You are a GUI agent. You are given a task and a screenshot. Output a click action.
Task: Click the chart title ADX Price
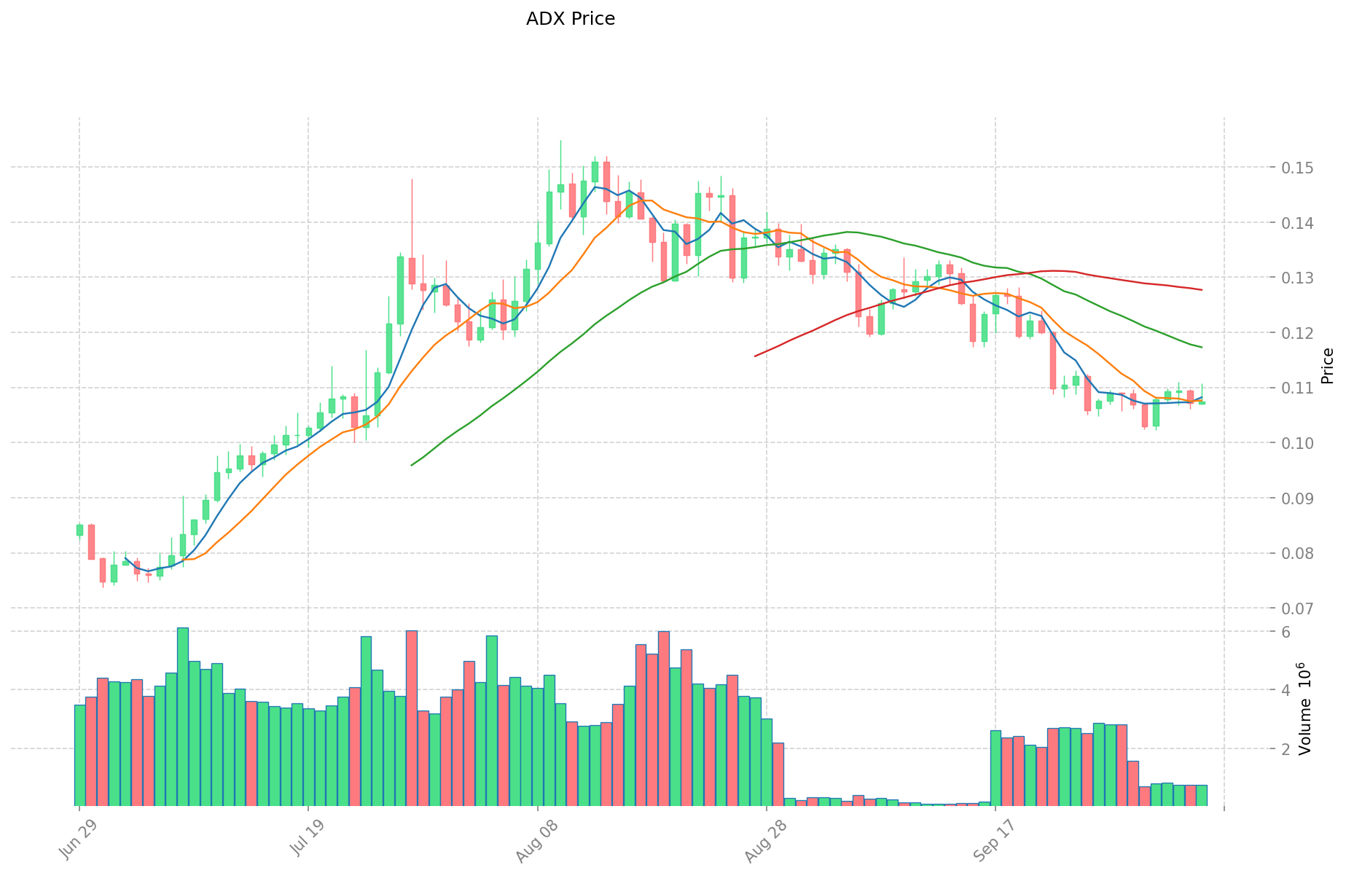(x=570, y=19)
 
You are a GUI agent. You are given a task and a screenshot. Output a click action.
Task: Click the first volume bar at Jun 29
(x=79, y=755)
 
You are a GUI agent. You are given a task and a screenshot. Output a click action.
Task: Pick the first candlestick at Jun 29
(x=79, y=530)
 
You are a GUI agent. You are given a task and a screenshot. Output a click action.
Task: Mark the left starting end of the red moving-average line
(x=755, y=356)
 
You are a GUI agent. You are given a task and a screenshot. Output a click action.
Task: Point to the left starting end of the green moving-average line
(x=412, y=465)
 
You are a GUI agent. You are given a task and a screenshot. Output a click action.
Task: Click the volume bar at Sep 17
(x=995, y=768)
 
